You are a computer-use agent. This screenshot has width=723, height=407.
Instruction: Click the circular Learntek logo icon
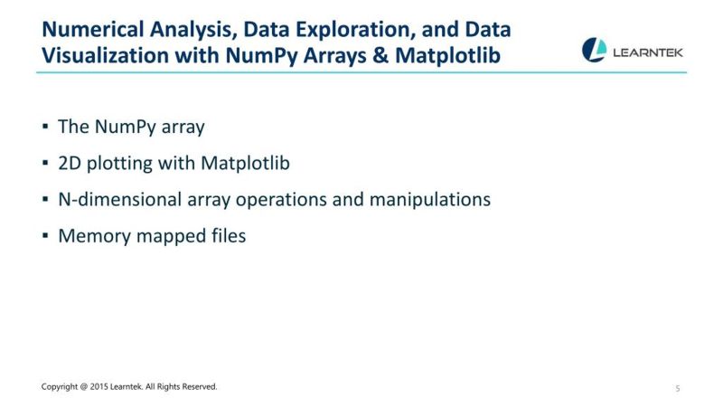point(594,50)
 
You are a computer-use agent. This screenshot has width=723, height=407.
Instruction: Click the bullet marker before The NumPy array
point(45,127)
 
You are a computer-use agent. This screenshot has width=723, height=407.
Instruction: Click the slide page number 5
point(677,388)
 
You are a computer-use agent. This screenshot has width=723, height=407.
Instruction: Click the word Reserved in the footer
point(199,387)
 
